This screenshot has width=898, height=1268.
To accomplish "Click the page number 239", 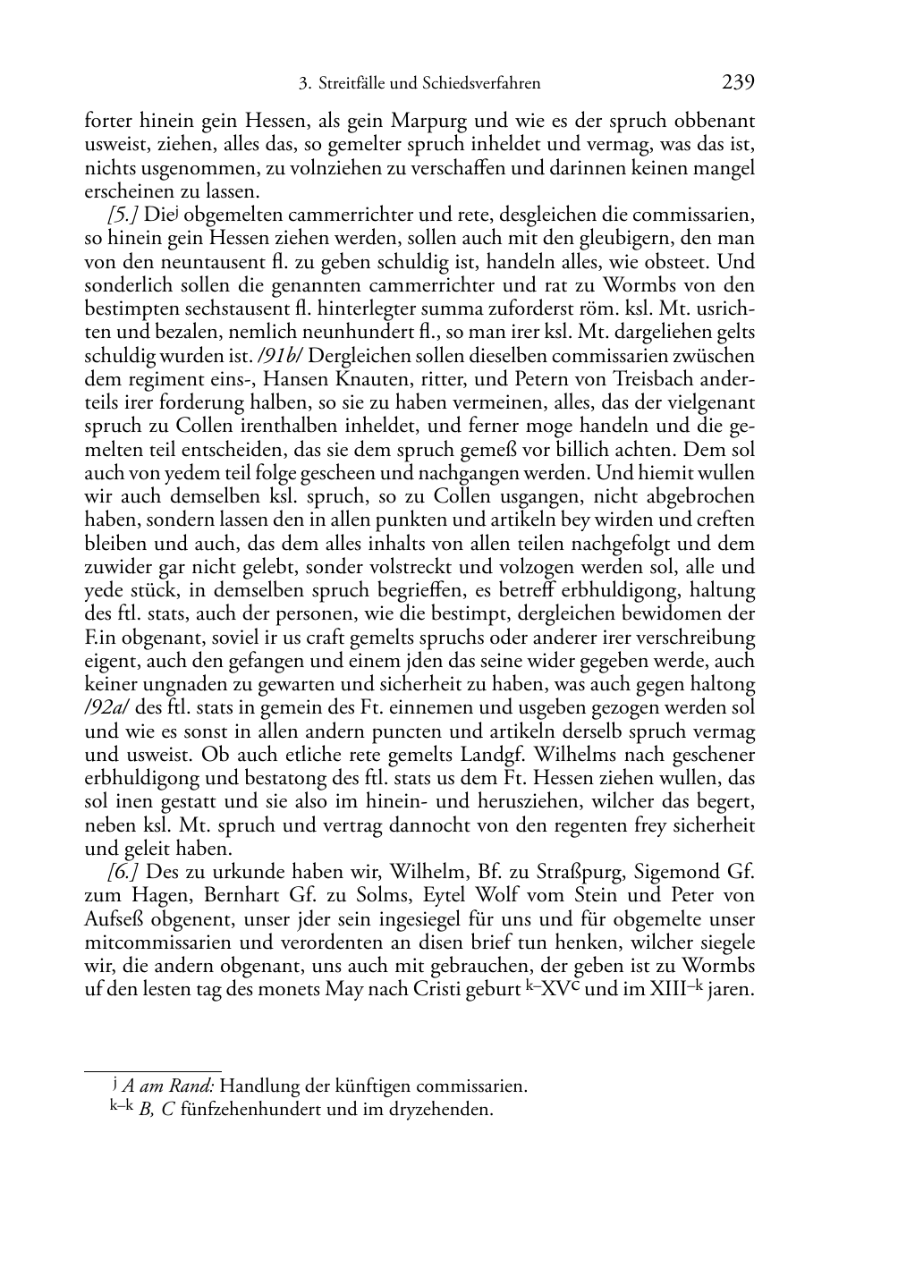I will click(738, 83).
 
